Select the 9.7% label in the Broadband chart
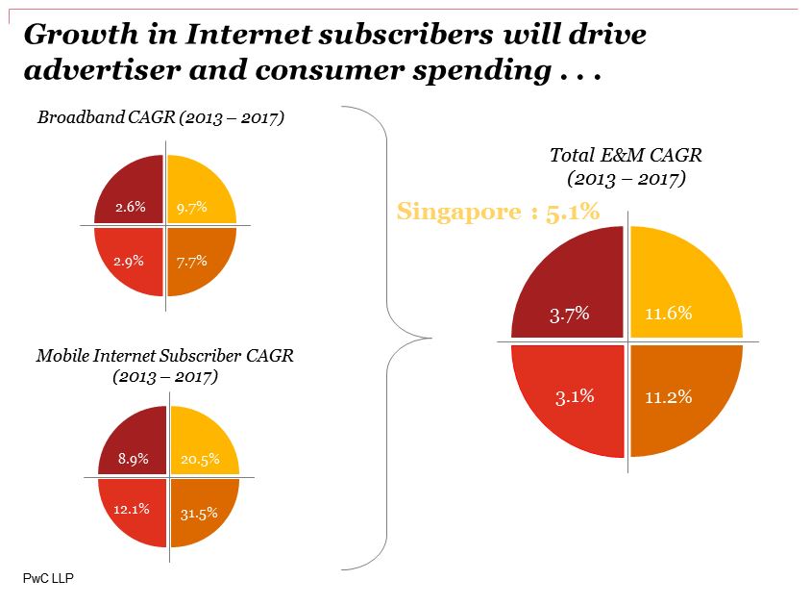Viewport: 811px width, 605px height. point(192,207)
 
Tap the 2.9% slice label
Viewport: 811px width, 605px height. point(129,261)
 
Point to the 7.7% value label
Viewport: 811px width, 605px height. point(192,261)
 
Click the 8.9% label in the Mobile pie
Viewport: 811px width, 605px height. point(133,459)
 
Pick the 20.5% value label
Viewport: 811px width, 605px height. point(200,459)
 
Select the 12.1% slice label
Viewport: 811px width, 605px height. point(131,509)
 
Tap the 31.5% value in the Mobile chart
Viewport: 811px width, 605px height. point(199,513)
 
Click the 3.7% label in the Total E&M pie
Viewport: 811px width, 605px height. point(569,314)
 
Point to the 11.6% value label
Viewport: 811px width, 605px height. point(668,314)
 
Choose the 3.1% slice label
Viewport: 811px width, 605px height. point(576,396)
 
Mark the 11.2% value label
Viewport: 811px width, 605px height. point(668,396)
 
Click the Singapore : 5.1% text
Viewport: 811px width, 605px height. point(498,212)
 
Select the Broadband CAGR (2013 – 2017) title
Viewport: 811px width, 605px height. point(160,118)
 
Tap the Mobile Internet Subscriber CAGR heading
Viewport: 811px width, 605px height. point(165,356)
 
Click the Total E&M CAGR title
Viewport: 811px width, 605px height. point(625,155)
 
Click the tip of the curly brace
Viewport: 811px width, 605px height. point(430,337)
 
